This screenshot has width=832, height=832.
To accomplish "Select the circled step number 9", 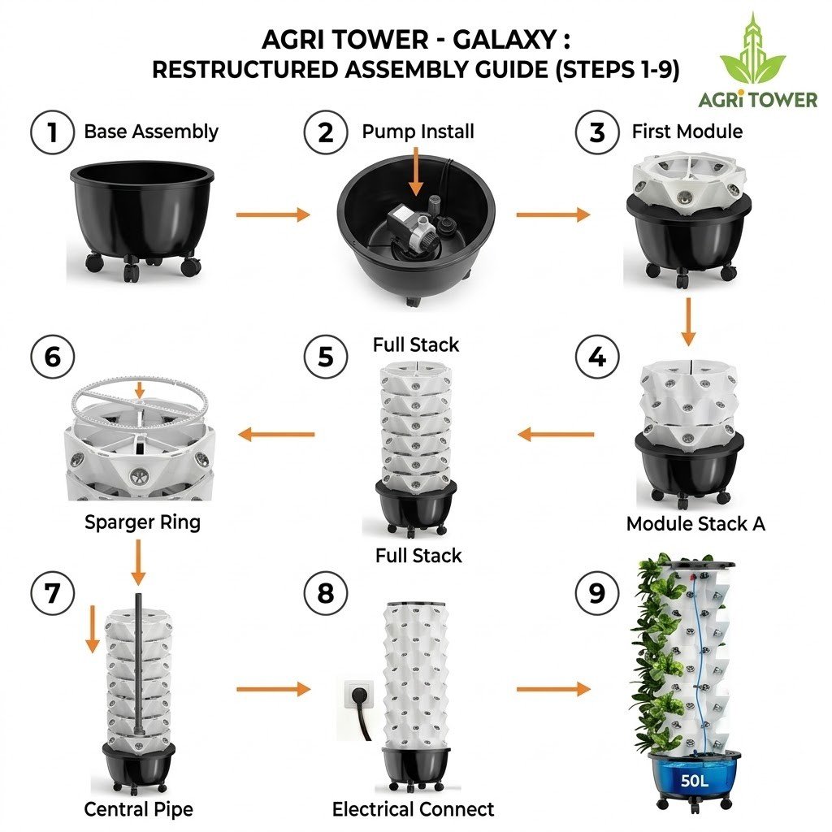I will point(597,594).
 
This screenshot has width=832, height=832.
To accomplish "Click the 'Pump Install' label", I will point(418,132).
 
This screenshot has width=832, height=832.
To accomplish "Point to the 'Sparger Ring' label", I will point(142,522).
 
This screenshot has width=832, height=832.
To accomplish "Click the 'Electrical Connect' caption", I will point(413,809).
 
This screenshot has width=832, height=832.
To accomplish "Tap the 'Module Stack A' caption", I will point(695,524).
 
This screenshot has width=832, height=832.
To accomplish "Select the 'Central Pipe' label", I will point(139,809).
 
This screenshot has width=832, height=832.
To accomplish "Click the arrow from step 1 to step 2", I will point(272,215).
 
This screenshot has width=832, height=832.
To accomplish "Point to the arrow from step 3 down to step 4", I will point(688,322).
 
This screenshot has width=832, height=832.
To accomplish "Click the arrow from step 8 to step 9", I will point(552,690).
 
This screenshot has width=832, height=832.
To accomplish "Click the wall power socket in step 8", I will point(356,695).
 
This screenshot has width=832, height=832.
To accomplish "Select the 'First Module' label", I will point(687,132).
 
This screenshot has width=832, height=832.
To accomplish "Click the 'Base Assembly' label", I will point(151,132).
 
